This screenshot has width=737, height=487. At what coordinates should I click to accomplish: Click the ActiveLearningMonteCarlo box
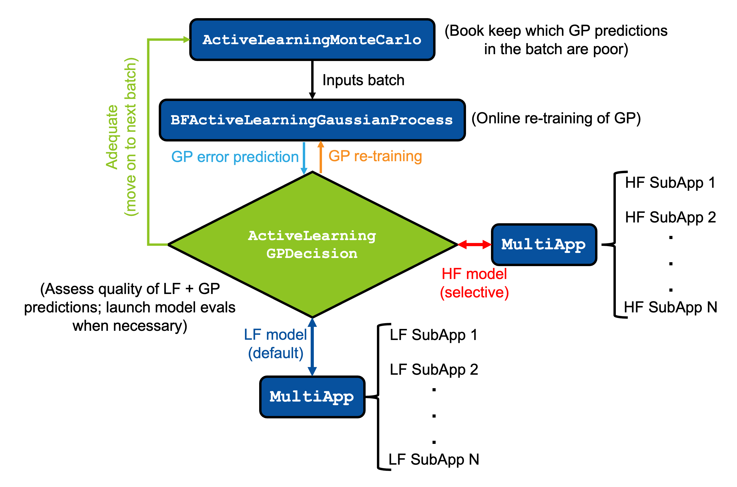[x=312, y=39]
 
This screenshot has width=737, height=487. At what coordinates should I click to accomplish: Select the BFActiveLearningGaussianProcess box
[x=312, y=120]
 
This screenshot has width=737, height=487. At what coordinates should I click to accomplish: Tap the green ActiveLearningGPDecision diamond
[x=312, y=245]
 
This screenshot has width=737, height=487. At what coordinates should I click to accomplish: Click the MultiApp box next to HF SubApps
[x=544, y=245]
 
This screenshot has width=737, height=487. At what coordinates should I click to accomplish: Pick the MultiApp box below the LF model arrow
[x=312, y=397]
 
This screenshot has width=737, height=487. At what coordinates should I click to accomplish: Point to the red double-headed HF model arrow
[x=474, y=245]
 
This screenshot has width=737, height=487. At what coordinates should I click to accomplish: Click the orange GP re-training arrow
[x=321, y=157]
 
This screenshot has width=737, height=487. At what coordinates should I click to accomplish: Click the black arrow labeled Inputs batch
[x=312, y=79]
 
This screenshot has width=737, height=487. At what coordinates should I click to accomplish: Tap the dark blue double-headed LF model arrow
[x=312, y=347]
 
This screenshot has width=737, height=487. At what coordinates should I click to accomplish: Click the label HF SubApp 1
[x=670, y=182]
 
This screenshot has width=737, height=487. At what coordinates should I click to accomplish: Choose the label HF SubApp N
[x=670, y=307]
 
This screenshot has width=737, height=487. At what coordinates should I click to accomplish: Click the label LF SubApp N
[x=434, y=459]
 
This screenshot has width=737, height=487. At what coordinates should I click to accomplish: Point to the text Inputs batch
[x=363, y=80]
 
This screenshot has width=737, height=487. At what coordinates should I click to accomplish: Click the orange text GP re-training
[x=375, y=156]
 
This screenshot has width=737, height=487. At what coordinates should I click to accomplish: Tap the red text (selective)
[x=474, y=292]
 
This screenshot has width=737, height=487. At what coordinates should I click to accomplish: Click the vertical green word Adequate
[x=112, y=137]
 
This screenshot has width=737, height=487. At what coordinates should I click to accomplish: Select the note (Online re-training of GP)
[x=556, y=118]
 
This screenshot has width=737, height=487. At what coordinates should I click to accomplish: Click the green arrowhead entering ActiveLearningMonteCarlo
[x=187, y=39]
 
